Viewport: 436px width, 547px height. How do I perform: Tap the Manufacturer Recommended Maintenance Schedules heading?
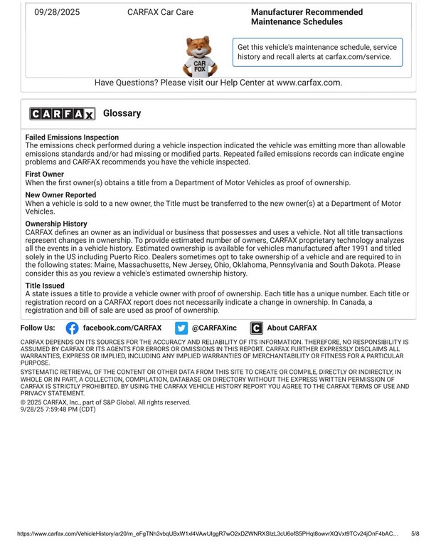click(x=307, y=17)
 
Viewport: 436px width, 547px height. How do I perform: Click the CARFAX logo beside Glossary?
click(x=62, y=114)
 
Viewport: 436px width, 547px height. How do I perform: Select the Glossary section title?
click(x=122, y=113)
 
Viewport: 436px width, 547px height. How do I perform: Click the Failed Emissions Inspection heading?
click(x=72, y=137)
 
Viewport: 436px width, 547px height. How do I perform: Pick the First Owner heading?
click(x=45, y=174)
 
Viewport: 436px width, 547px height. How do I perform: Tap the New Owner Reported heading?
click(x=60, y=194)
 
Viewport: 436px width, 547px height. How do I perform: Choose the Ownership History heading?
click(x=56, y=224)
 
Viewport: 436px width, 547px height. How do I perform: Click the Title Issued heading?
click(x=45, y=286)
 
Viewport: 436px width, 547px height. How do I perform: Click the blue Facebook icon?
click(x=72, y=328)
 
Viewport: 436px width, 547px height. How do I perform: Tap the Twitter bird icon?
click(x=181, y=328)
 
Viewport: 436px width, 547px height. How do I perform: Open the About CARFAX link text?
click(x=292, y=328)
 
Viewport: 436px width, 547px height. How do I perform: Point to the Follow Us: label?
click(x=38, y=328)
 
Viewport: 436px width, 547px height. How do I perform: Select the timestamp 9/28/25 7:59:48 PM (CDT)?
click(x=58, y=410)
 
